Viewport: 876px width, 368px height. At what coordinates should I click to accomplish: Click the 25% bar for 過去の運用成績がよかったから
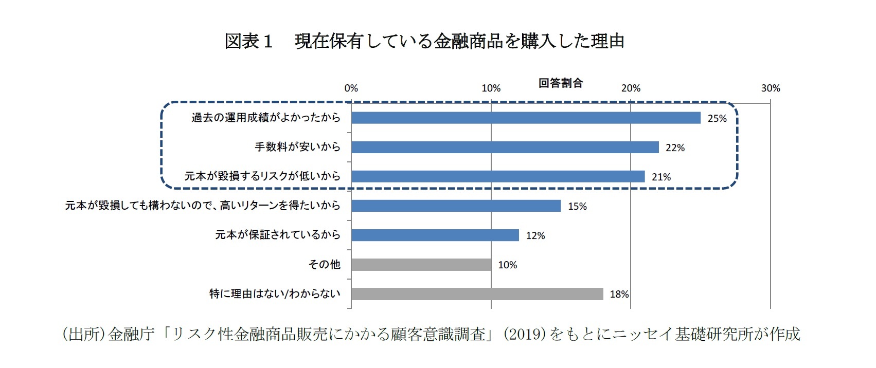(x=526, y=118)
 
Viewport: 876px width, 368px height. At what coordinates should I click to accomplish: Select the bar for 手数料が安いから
(x=505, y=147)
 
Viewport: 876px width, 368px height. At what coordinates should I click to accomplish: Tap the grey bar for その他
(x=421, y=265)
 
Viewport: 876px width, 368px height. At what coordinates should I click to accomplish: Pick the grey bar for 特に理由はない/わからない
(x=477, y=294)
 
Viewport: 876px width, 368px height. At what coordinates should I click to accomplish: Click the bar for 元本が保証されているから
(x=435, y=235)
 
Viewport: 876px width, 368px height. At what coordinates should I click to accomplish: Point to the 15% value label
(x=577, y=206)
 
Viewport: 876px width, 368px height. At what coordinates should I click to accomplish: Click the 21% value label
(x=661, y=177)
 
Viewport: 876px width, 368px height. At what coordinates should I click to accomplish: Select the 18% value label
(x=619, y=294)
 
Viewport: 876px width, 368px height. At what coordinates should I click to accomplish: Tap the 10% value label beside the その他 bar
(x=507, y=265)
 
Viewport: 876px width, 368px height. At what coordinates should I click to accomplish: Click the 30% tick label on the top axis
(x=770, y=88)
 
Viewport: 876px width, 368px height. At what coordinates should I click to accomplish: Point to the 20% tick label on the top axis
(x=631, y=88)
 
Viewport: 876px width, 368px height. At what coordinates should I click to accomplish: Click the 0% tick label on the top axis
(x=351, y=88)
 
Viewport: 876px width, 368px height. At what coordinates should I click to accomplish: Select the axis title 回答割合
(x=561, y=83)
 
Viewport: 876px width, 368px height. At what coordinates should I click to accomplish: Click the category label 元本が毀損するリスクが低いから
(x=262, y=176)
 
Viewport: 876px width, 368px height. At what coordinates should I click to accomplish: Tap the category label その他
(x=324, y=264)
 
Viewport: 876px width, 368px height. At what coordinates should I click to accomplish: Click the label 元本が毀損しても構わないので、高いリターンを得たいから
(x=203, y=206)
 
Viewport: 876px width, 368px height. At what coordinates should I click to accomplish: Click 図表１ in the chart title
(x=248, y=41)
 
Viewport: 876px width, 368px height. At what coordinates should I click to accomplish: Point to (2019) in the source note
(x=524, y=334)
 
